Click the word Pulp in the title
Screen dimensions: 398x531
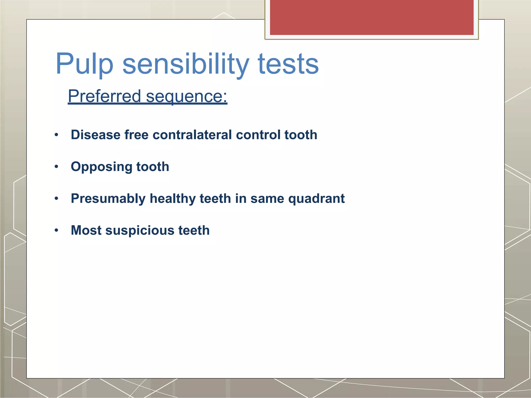click(85, 64)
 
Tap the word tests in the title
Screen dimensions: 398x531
click(288, 64)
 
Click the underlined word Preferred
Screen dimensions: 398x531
click(104, 96)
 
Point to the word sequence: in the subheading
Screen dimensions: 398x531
click(186, 96)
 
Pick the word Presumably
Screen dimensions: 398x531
click(108, 198)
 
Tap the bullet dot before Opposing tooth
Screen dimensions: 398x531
click(57, 167)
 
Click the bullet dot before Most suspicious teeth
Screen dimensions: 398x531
click(57, 230)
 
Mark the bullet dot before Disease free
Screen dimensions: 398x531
click(57, 135)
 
